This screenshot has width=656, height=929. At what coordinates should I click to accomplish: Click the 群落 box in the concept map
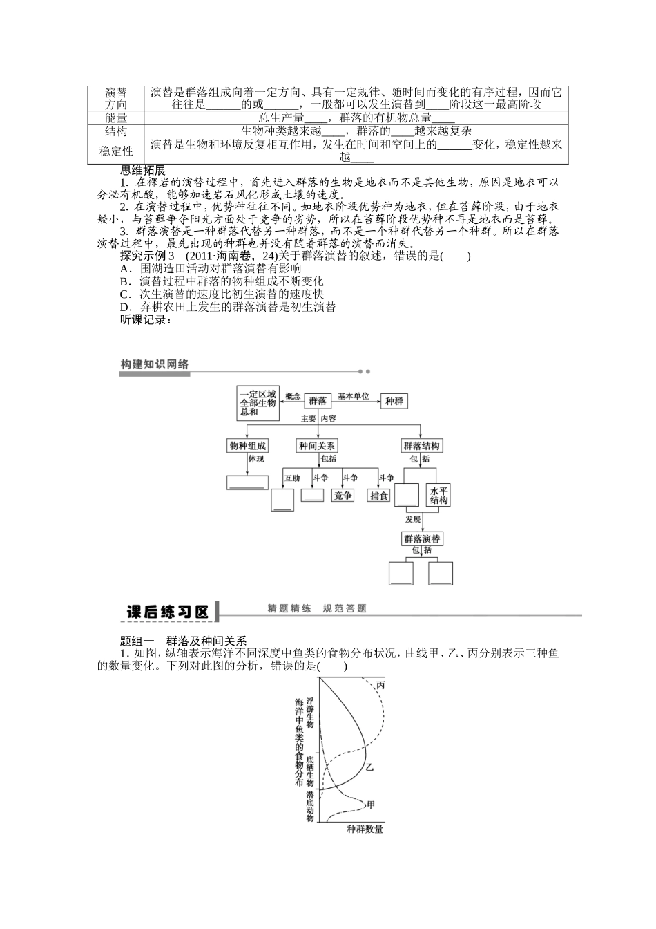318,401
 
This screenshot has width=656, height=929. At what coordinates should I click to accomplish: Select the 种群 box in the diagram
394,401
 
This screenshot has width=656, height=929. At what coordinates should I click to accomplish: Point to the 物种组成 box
247,446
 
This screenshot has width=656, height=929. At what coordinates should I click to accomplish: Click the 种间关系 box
317,446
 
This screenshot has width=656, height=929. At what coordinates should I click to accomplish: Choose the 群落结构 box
421,446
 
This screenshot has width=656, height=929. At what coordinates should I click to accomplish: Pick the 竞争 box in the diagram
343,495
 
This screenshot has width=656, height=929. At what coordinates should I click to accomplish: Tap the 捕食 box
379,495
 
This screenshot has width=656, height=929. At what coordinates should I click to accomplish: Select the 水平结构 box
439,495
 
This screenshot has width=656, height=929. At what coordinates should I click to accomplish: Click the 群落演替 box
422,538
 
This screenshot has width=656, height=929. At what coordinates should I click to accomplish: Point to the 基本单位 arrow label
353,397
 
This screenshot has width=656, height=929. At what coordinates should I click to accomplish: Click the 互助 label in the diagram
292,478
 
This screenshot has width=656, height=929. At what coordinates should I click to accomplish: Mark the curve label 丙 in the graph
380,685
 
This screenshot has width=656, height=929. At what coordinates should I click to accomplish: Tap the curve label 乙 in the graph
369,767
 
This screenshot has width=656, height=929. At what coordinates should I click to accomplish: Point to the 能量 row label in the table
116,118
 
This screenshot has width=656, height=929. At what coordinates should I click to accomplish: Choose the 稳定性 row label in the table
116,151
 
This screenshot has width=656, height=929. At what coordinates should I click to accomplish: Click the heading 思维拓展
143,171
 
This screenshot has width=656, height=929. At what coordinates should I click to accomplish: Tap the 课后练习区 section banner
167,612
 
